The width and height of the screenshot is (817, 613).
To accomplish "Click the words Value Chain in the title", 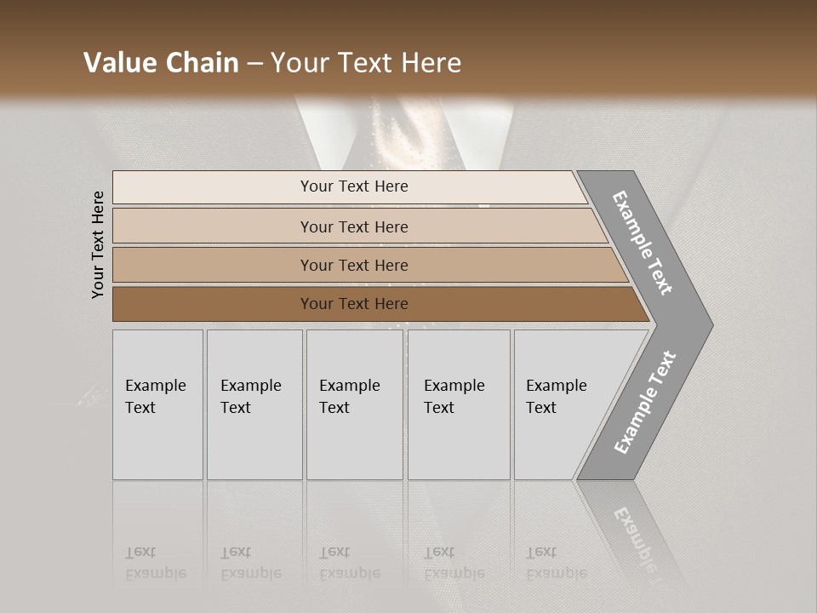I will click(x=161, y=63).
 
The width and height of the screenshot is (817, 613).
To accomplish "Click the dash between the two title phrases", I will click(x=254, y=64).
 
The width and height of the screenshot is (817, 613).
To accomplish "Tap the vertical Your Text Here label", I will click(x=98, y=244).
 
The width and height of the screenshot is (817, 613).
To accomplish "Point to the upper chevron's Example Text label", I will click(x=643, y=243).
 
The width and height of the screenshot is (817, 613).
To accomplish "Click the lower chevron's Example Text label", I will click(x=644, y=402).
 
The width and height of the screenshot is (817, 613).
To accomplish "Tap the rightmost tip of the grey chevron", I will click(x=711, y=324).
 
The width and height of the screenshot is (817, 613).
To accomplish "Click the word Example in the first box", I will click(x=155, y=386).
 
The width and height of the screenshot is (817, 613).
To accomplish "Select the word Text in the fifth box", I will click(x=540, y=408).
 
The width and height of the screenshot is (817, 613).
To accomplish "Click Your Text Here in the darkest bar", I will click(x=354, y=304).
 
